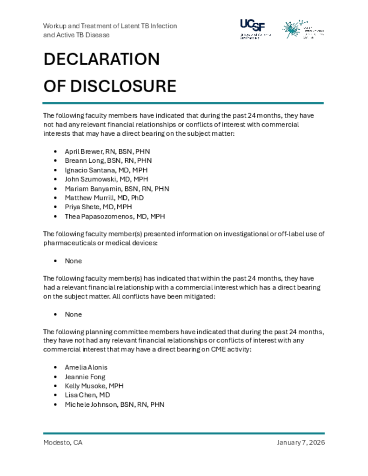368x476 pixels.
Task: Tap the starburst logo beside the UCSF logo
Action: pyautogui.click(x=293, y=29)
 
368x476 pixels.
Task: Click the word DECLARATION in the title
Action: pyautogui.click(x=101, y=59)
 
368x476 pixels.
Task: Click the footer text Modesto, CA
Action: pyautogui.click(x=63, y=443)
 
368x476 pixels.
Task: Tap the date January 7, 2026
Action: pyautogui.click(x=301, y=443)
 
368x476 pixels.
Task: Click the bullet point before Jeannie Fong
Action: pyautogui.click(x=56, y=377)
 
